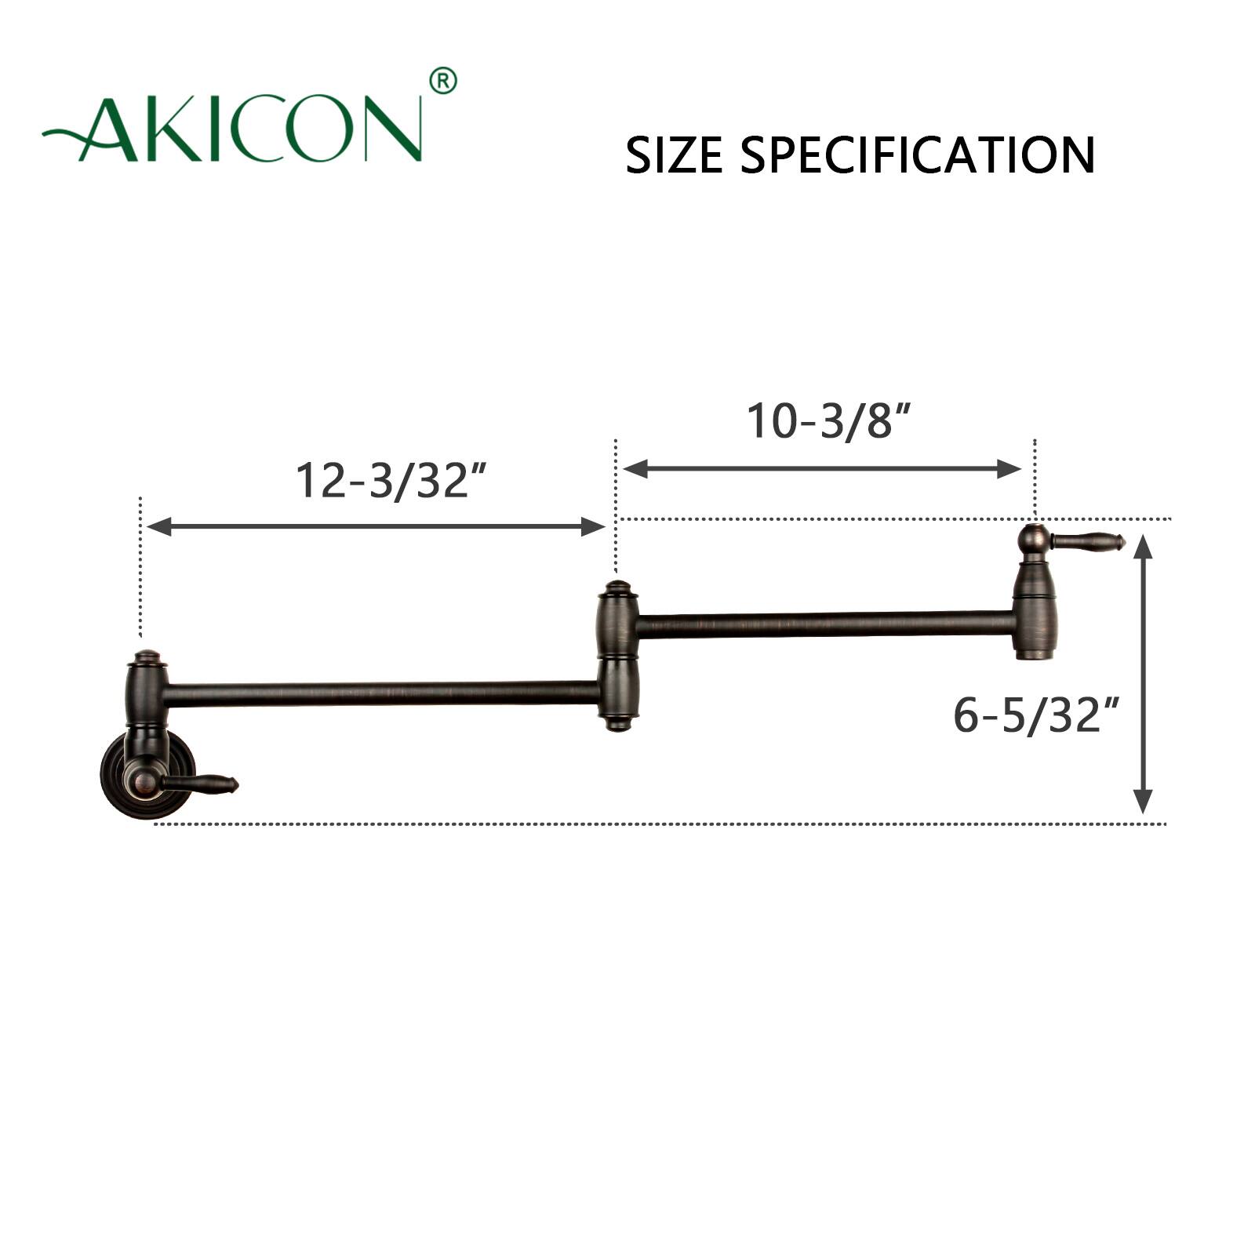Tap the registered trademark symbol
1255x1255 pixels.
443,81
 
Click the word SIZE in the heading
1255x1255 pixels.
674,155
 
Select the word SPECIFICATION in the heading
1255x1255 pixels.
918,155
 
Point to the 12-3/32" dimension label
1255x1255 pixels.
391,480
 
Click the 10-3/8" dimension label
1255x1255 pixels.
828,421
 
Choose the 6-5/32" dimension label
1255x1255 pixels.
1036,715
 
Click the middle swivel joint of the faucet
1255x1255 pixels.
618,657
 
